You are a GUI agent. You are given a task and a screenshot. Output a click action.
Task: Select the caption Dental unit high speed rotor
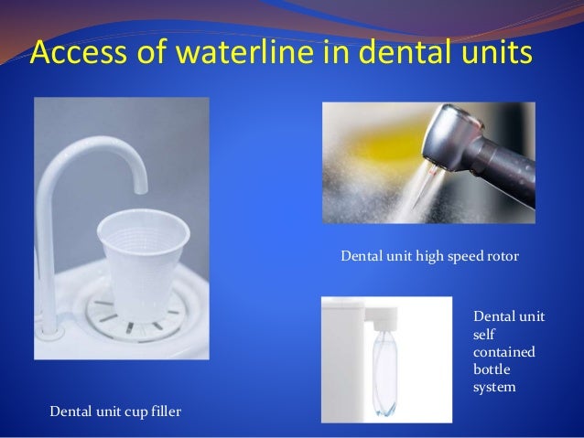[429, 257]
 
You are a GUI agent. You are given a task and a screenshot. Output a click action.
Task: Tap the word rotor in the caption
[503, 257]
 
